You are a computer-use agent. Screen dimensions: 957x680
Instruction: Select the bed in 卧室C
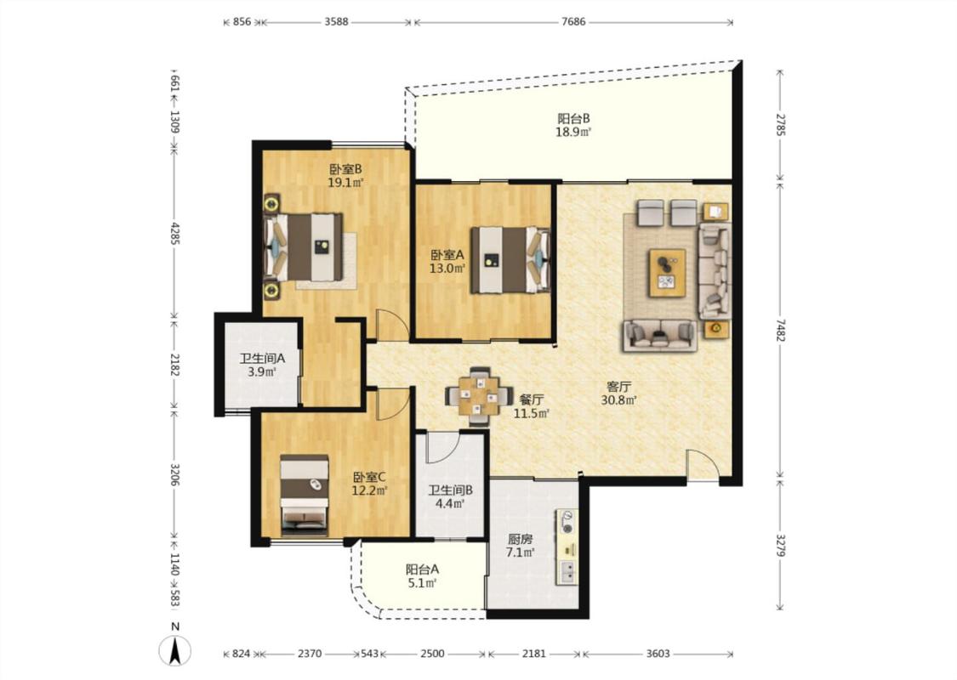tap(305, 496)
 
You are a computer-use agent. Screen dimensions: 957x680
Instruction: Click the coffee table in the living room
tap(667, 273)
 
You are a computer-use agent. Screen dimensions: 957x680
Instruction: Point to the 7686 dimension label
tap(573, 22)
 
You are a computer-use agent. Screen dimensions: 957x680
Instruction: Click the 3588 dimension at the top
tap(336, 22)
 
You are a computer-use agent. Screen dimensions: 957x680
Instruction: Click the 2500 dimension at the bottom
tap(432, 654)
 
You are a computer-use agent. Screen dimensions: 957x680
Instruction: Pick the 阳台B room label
tap(573, 118)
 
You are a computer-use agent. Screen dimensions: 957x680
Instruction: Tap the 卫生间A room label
tap(262, 359)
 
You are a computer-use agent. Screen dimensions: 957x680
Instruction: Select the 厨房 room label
tap(520, 539)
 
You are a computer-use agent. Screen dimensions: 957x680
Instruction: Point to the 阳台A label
tap(422, 569)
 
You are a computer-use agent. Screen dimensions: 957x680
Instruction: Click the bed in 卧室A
tap(510, 260)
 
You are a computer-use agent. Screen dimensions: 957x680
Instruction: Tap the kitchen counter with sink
tap(567, 547)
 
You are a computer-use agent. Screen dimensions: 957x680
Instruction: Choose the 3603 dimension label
tap(658, 654)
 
